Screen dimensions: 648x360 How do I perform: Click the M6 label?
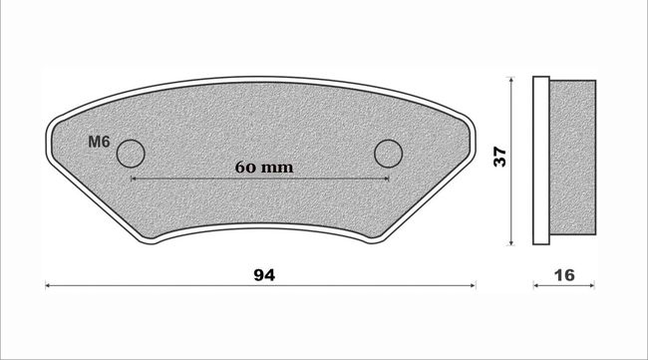(99, 143)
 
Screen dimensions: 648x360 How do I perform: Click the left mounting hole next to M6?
(131, 154)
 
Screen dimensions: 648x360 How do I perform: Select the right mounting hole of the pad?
(389, 154)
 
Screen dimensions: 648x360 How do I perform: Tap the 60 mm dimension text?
(264, 168)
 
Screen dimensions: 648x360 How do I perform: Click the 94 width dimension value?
(264, 275)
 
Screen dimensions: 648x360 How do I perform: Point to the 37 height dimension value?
(500, 157)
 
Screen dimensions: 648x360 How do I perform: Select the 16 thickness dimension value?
(564, 275)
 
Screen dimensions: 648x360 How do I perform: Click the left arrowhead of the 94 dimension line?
(48, 285)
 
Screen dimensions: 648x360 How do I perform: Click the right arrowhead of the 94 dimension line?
(474, 285)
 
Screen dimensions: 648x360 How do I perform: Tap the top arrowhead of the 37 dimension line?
(511, 80)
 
